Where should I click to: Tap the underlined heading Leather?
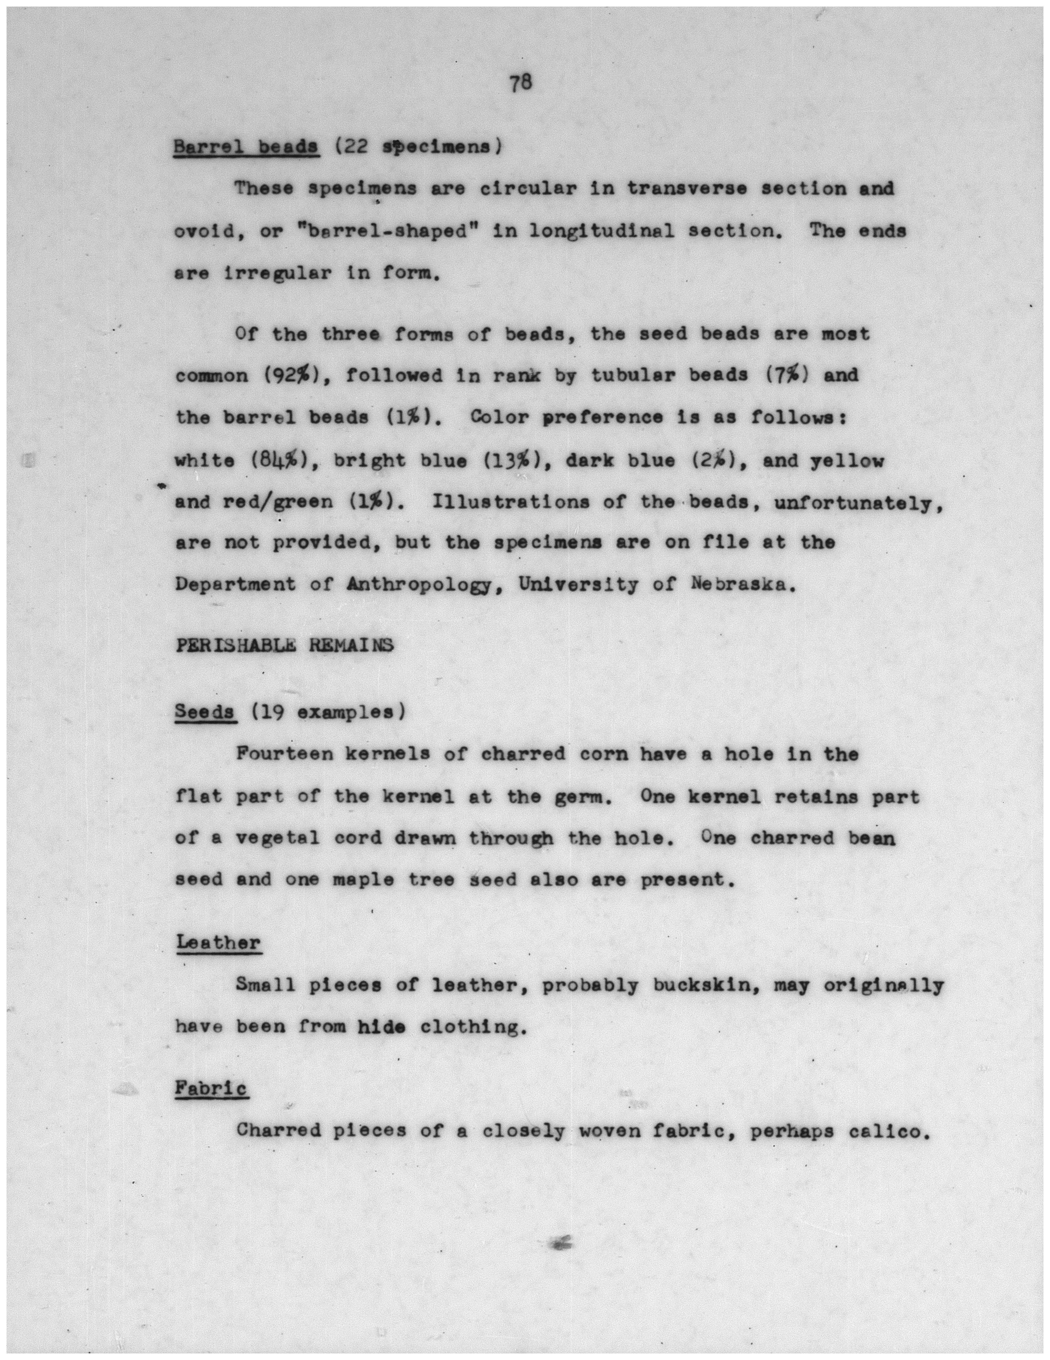tap(218, 943)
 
